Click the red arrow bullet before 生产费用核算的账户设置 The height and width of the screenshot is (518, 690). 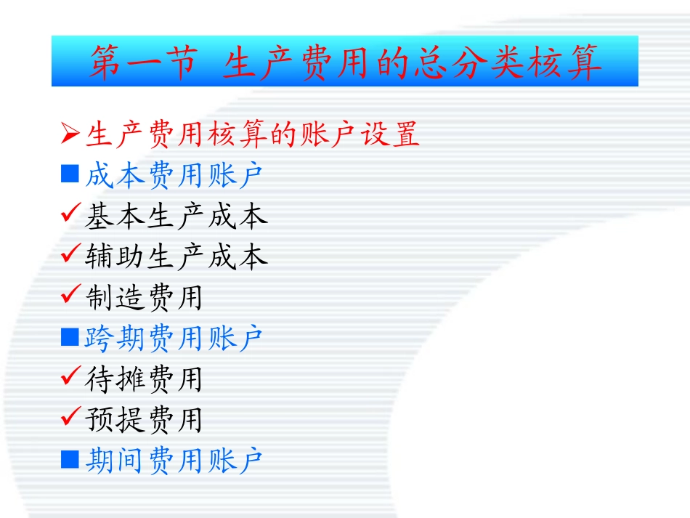click(70, 134)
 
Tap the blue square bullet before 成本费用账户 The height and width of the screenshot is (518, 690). click(70, 174)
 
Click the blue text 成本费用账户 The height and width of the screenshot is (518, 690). click(174, 176)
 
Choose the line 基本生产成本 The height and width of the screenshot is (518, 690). click(176, 216)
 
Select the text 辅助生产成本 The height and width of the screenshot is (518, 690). click(176, 257)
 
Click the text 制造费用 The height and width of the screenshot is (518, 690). click(144, 298)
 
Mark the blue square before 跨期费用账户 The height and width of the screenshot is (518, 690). click(70, 336)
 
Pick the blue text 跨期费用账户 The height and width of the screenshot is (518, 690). click(174, 339)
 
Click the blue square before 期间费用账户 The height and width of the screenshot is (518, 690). click(70, 458)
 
